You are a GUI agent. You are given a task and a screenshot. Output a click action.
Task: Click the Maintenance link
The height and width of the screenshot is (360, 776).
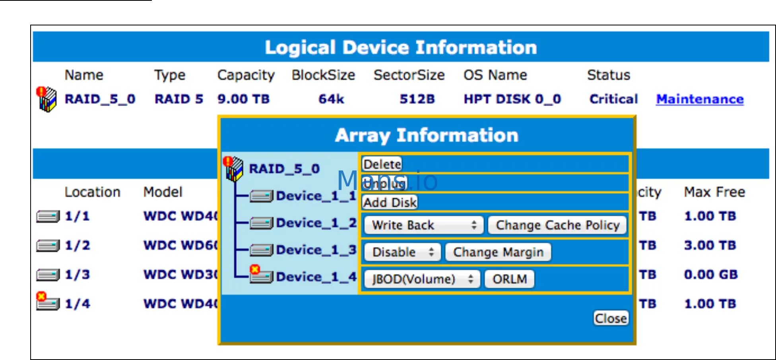click(700, 99)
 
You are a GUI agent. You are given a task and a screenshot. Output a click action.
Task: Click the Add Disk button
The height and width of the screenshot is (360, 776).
click(390, 203)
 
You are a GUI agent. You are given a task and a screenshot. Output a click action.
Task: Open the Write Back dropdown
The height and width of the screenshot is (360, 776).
click(423, 225)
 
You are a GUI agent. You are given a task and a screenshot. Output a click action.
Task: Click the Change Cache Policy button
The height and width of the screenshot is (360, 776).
click(557, 225)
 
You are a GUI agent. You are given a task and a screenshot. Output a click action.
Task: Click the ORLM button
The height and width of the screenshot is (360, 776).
click(509, 279)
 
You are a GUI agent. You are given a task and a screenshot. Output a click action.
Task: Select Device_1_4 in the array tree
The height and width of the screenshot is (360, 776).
click(316, 277)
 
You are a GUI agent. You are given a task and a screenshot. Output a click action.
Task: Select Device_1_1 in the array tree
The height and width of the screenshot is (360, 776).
click(316, 196)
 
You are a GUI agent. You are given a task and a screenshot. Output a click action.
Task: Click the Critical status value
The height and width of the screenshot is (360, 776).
click(613, 99)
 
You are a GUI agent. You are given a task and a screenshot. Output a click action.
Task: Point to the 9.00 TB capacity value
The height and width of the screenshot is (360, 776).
click(243, 99)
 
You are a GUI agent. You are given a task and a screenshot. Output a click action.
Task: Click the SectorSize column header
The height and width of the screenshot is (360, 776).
click(409, 75)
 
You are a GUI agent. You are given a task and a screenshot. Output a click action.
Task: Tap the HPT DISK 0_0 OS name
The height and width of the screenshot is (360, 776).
click(512, 99)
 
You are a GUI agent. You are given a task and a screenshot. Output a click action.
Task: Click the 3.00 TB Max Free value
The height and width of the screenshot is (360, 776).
click(710, 245)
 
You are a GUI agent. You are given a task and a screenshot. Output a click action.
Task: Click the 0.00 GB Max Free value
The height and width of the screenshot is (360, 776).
click(710, 275)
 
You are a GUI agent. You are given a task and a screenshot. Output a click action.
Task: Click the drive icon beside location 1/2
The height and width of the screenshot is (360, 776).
click(48, 246)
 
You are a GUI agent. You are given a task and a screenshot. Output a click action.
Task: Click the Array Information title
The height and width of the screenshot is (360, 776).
click(427, 135)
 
